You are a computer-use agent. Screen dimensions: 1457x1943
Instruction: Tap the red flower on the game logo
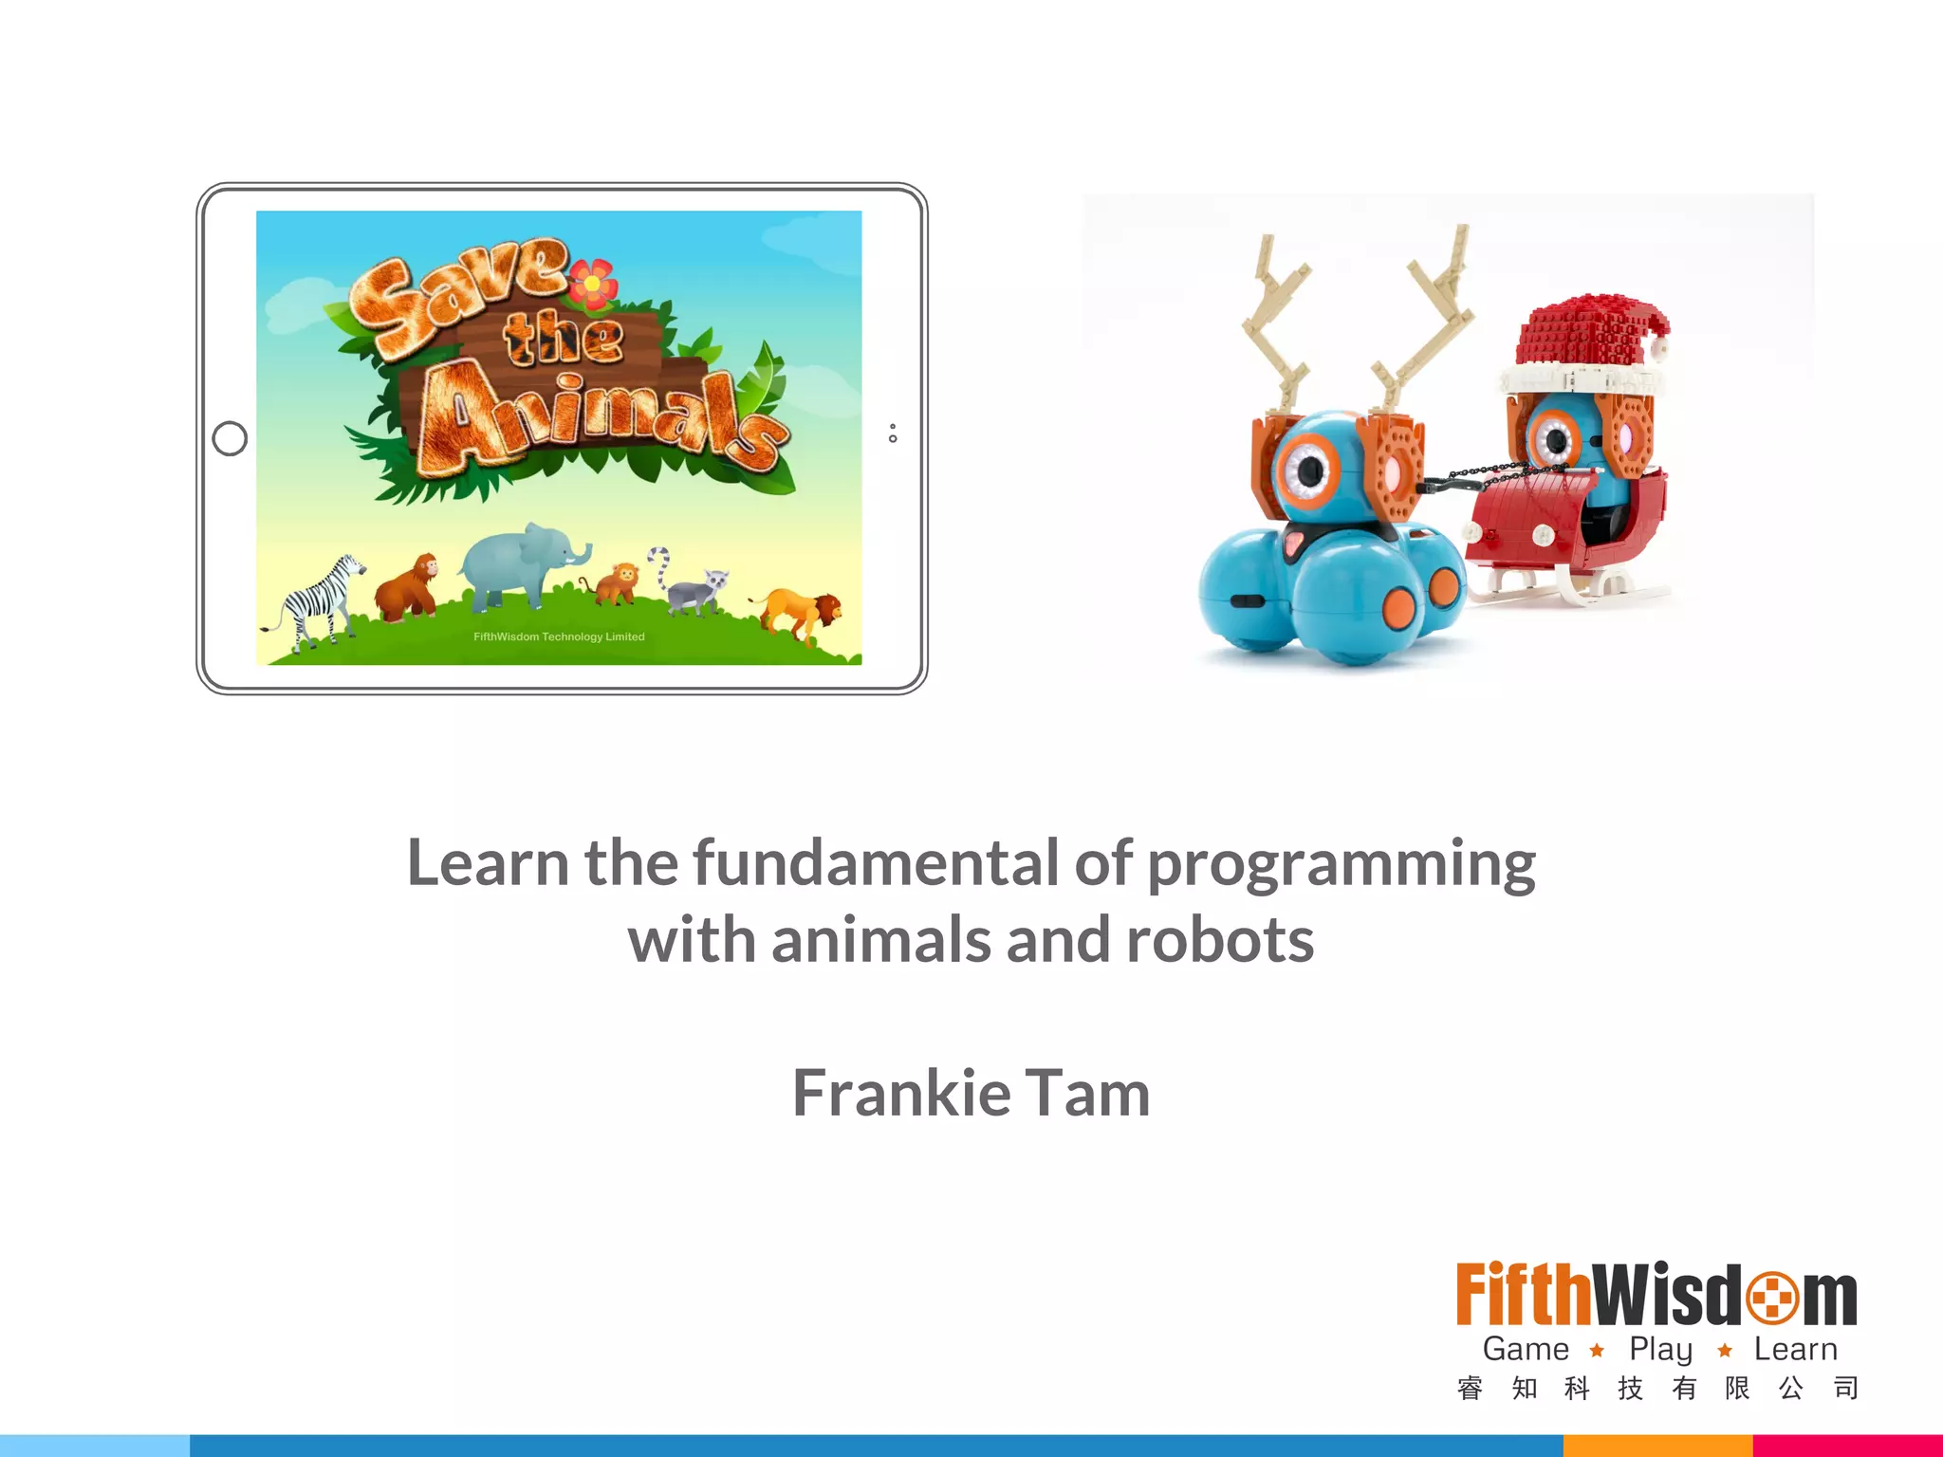[592, 283]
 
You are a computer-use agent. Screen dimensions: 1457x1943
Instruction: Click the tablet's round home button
[230, 438]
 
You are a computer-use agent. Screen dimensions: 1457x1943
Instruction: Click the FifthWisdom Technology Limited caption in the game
[559, 636]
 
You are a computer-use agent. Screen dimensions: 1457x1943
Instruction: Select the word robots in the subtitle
[1219, 941]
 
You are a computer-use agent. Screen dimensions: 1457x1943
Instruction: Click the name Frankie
[901, 1093]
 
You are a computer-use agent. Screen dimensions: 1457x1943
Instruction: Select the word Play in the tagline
[1660, 1349]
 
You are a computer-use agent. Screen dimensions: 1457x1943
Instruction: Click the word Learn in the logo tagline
[1795, 1349]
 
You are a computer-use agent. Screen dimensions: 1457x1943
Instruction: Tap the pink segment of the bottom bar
[1847, 1446]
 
